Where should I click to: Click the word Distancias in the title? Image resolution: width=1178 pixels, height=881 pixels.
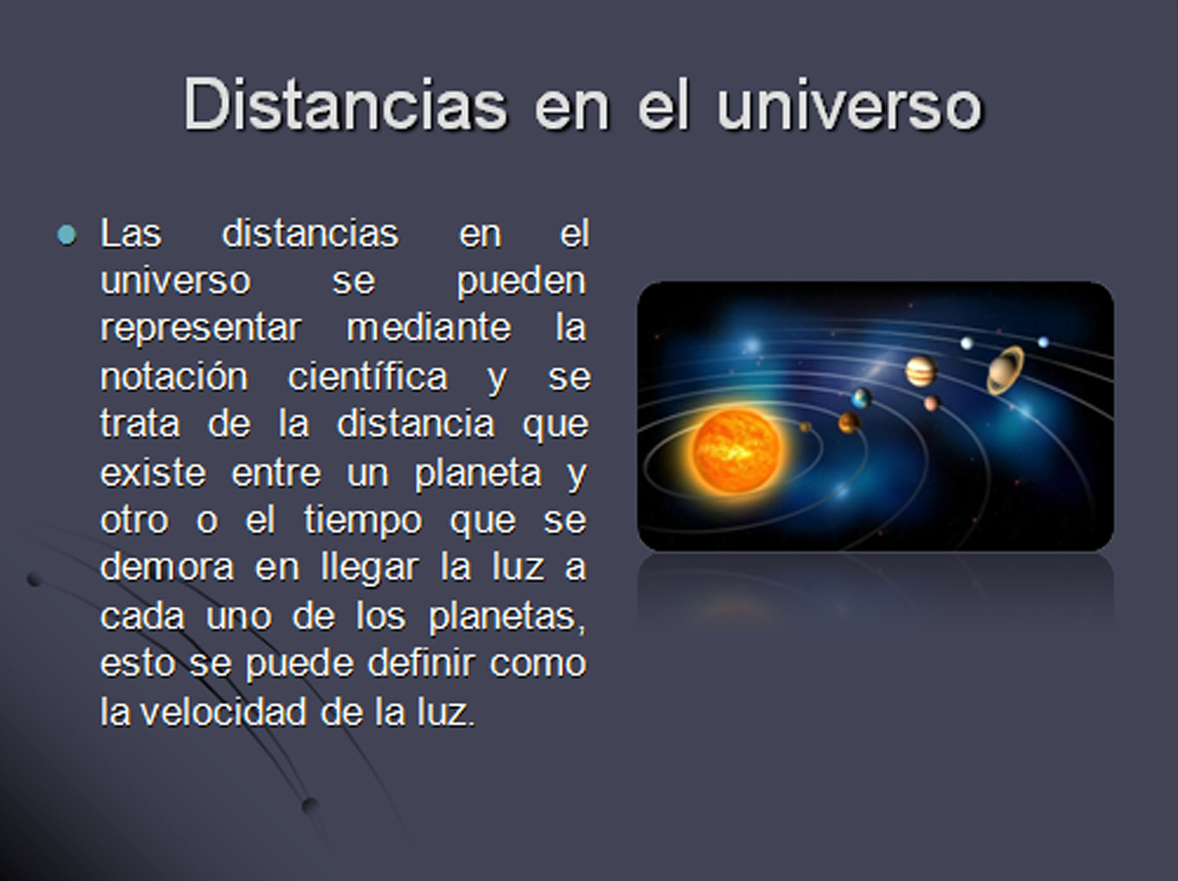pyautogui.click(x=345, y=104)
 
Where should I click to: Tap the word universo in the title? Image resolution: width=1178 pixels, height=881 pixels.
pyautogui.click(x=849, y=104)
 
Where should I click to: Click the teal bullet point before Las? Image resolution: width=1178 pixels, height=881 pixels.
pyautogui.click(x=66, y=235)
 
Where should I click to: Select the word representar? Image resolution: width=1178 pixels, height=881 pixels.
pyautogui.click(x=201, y=328)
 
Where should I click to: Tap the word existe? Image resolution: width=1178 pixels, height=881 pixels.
pyautogui.click(x=153, y=472)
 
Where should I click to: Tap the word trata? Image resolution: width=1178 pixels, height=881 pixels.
pyautogui.click(x=140, y=424)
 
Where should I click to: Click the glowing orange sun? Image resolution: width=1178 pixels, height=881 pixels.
pyautogui.click(x=736, y=450)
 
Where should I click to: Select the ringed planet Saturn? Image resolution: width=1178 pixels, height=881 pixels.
pyautogui.click(x=1006, y=370)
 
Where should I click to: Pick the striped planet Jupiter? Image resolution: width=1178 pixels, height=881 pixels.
pyautogui.click(x=921, y=371)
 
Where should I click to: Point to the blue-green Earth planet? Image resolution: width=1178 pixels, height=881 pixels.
pyautogui.click(x=861, y=399)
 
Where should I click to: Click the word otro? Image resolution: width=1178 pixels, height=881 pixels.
pyautogui.click(x=134, y=520)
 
